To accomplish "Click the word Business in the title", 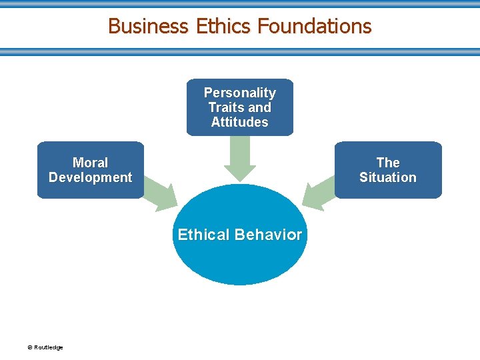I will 148,26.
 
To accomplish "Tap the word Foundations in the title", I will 314,26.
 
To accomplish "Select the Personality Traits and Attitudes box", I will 240,107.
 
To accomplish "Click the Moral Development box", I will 90,170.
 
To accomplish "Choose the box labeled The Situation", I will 387,170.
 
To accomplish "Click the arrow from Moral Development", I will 161,193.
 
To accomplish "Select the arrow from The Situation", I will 319,193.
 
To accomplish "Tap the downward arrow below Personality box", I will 240,159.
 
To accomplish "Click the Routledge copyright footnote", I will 45,347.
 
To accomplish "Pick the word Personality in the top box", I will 240,93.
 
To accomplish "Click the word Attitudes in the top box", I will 240,122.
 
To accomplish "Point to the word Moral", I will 90,163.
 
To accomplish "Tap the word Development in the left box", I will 90,177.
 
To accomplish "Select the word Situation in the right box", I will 387,177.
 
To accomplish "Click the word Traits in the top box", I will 225,107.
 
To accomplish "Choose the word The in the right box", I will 387,163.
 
